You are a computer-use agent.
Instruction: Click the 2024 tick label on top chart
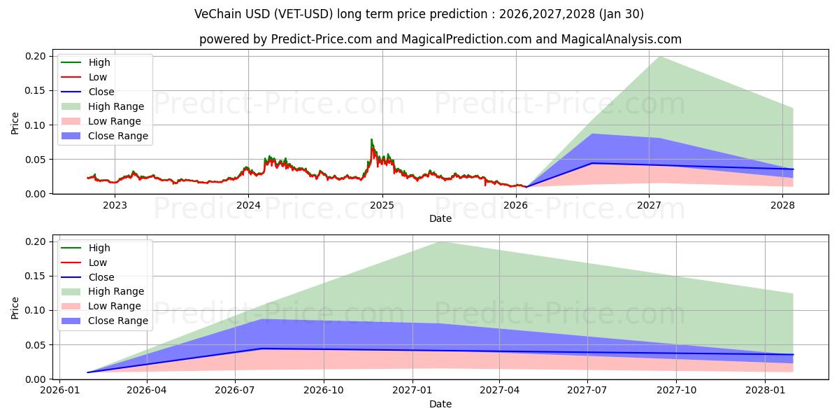coord(248,205)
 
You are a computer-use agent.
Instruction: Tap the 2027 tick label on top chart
coord(650,205)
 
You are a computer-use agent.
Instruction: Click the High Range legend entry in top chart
coord(115,106)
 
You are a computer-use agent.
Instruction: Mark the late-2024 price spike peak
coord(371,139)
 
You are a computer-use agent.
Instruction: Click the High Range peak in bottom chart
coord(440,241)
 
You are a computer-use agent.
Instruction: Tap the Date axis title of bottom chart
coord(440,404)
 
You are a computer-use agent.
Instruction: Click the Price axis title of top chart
coord(15,125)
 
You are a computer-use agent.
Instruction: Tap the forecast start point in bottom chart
coord(87,372)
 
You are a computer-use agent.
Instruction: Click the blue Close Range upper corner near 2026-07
coord(261,319)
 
